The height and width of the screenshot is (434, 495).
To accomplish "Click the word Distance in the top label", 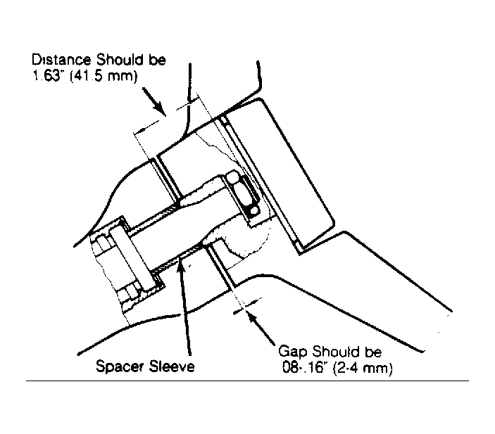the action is tap(61, 60).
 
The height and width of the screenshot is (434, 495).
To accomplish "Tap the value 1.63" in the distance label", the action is tap(46, 76).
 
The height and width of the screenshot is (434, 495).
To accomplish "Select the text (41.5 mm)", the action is tap(104, 77).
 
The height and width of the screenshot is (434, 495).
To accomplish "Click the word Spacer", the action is tap(120, 366).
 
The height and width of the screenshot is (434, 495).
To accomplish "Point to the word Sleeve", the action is tap(172, 366).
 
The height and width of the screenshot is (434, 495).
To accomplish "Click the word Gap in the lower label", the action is tap(293, 352).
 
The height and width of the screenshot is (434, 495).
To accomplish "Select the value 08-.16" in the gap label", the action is tap(304, 368).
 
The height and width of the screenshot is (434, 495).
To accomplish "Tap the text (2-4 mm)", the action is tap(363, 369).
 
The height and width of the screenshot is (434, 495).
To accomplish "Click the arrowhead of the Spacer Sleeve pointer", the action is tap(180, 262).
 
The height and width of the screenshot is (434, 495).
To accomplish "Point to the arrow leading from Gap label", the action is tap(261, 328).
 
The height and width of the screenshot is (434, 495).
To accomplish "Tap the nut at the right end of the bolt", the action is tap(245, 196).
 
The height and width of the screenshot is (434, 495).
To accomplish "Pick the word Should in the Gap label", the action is tap(336, 352).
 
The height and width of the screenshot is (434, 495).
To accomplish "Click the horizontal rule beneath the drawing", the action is tap(248, 381).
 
